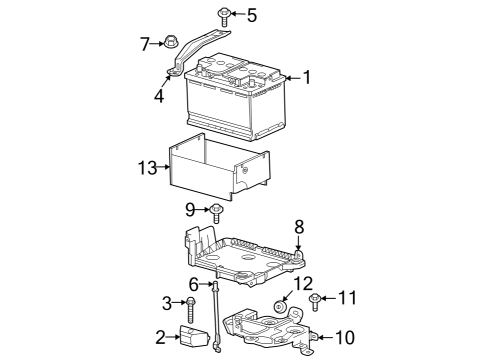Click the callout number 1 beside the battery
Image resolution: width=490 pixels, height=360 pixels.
click(x=307, y=76)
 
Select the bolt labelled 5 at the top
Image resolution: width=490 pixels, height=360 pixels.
click(x=224, y=16)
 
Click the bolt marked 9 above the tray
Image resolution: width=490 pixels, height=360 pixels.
click(x=215, y=211)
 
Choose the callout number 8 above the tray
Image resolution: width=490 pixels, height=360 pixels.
click(x=297, y=226)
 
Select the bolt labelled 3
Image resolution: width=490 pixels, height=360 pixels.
click(x=189, y=304)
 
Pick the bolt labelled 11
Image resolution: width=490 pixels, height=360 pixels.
click(x=316, y=300)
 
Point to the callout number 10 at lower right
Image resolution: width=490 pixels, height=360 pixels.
click(x=343, y=337)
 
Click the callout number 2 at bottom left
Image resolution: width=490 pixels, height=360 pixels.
click(x=160, y=337)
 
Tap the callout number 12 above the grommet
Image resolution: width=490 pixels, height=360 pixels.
click(x=304, y=283)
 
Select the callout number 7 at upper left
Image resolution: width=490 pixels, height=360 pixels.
click(x=145, y=43)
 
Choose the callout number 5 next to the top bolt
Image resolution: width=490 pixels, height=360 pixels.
click(x=252, y=15)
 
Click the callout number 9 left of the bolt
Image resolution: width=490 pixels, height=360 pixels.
click(x=189, y=210)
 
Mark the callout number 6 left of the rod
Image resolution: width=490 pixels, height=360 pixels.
click(x=194, y=285)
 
